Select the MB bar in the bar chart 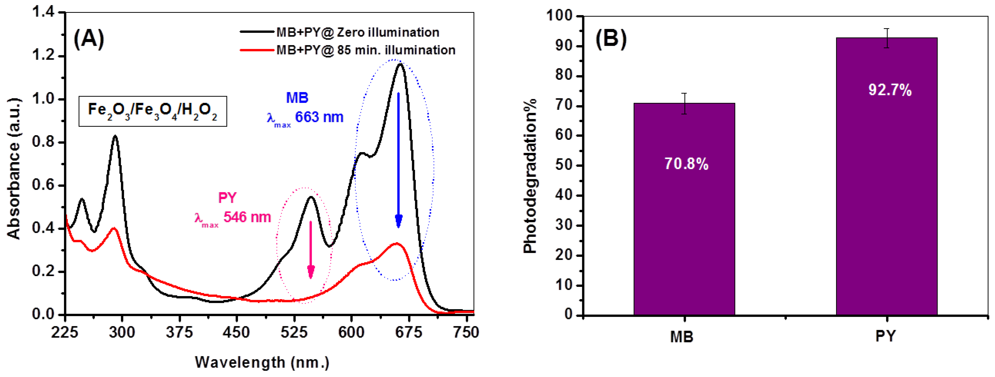point(684,232)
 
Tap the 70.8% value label point(686,164)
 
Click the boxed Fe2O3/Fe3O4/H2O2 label point(153,111)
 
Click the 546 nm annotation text point(247,217)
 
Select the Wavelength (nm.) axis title point(262,362)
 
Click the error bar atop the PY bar point(887,38)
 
